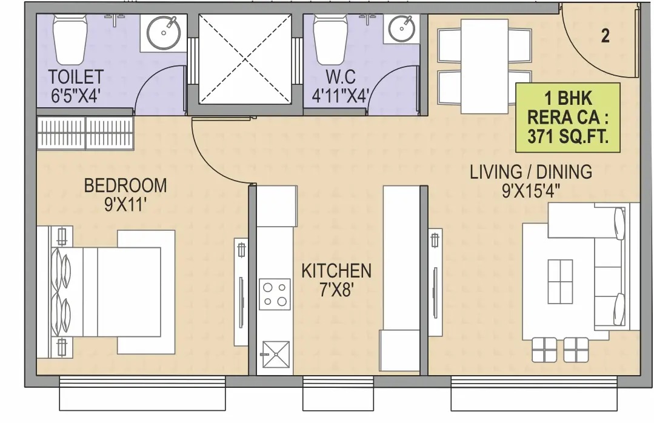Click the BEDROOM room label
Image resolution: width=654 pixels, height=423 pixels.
[x=125, y=185]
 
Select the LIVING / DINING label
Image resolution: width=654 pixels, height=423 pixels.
[x=531, y=172]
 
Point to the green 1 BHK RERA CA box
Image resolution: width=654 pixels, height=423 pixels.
[x=568, y=118]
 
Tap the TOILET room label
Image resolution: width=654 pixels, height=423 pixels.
[x=76, y=77]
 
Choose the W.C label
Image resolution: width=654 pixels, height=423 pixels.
[x=341, y=77]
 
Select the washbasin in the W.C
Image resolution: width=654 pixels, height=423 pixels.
[x=401, y=27]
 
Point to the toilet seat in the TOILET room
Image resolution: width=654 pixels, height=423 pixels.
[x=70, y=39]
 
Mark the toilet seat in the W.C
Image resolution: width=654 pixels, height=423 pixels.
[x=330, y=39]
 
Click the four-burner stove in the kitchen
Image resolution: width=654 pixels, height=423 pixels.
[x=275, y=294]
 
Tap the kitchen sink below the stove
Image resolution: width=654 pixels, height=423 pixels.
[x=276, y=355]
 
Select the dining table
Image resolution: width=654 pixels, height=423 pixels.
[x=484, y=66]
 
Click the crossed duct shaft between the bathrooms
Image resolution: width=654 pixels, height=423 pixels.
[x=245, y=59]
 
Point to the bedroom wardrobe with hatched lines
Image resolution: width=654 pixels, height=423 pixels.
[x=85, y=133]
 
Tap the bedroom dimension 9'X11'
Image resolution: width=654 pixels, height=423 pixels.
[x=125, y=205]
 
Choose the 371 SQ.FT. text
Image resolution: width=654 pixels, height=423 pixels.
[x=568, y=136]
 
